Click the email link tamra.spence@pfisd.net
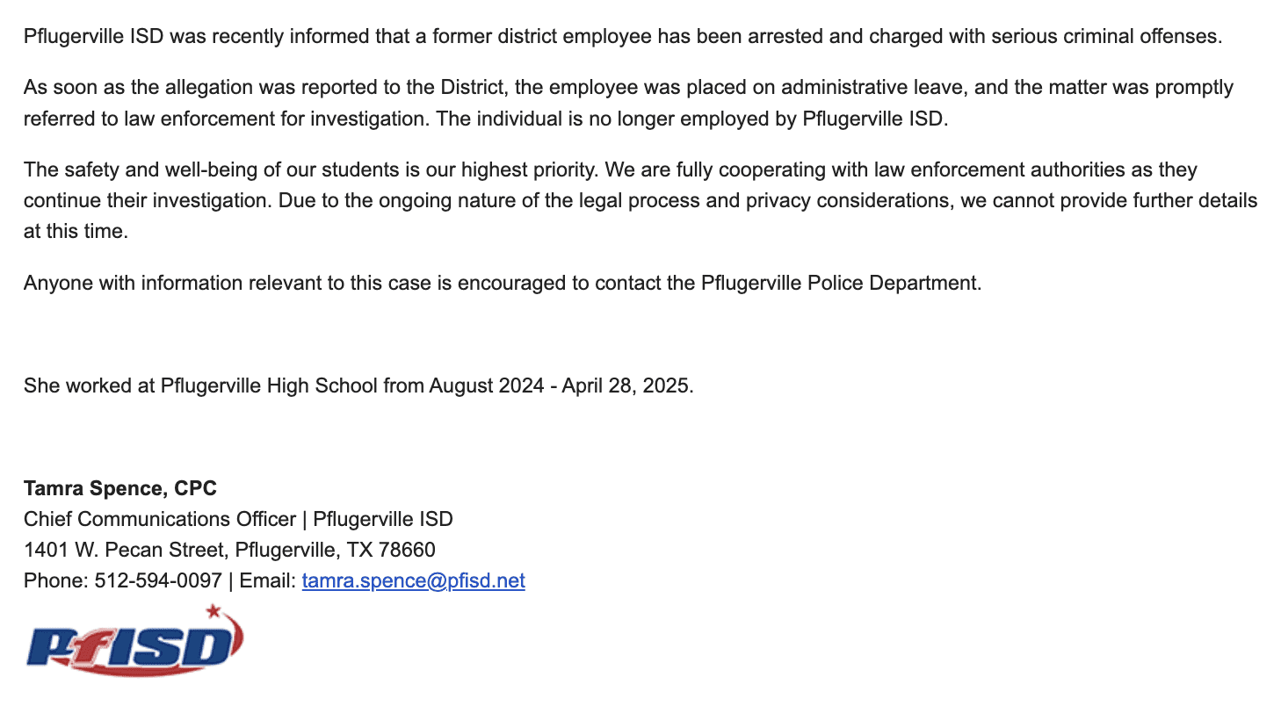click(413, 580)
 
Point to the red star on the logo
click(212, 611)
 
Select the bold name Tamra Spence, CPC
click(120, 488)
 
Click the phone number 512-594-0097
click(158, 580)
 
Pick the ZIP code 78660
click(407, 550)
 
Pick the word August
click(461, 385)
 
